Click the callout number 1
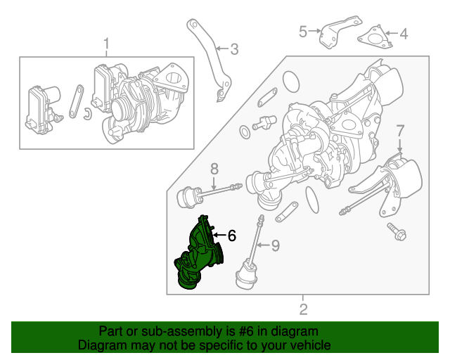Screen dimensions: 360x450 106,46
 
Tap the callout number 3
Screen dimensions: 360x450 234,49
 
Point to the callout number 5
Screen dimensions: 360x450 303,32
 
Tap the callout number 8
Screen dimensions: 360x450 214,169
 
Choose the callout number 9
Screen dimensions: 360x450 276,245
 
